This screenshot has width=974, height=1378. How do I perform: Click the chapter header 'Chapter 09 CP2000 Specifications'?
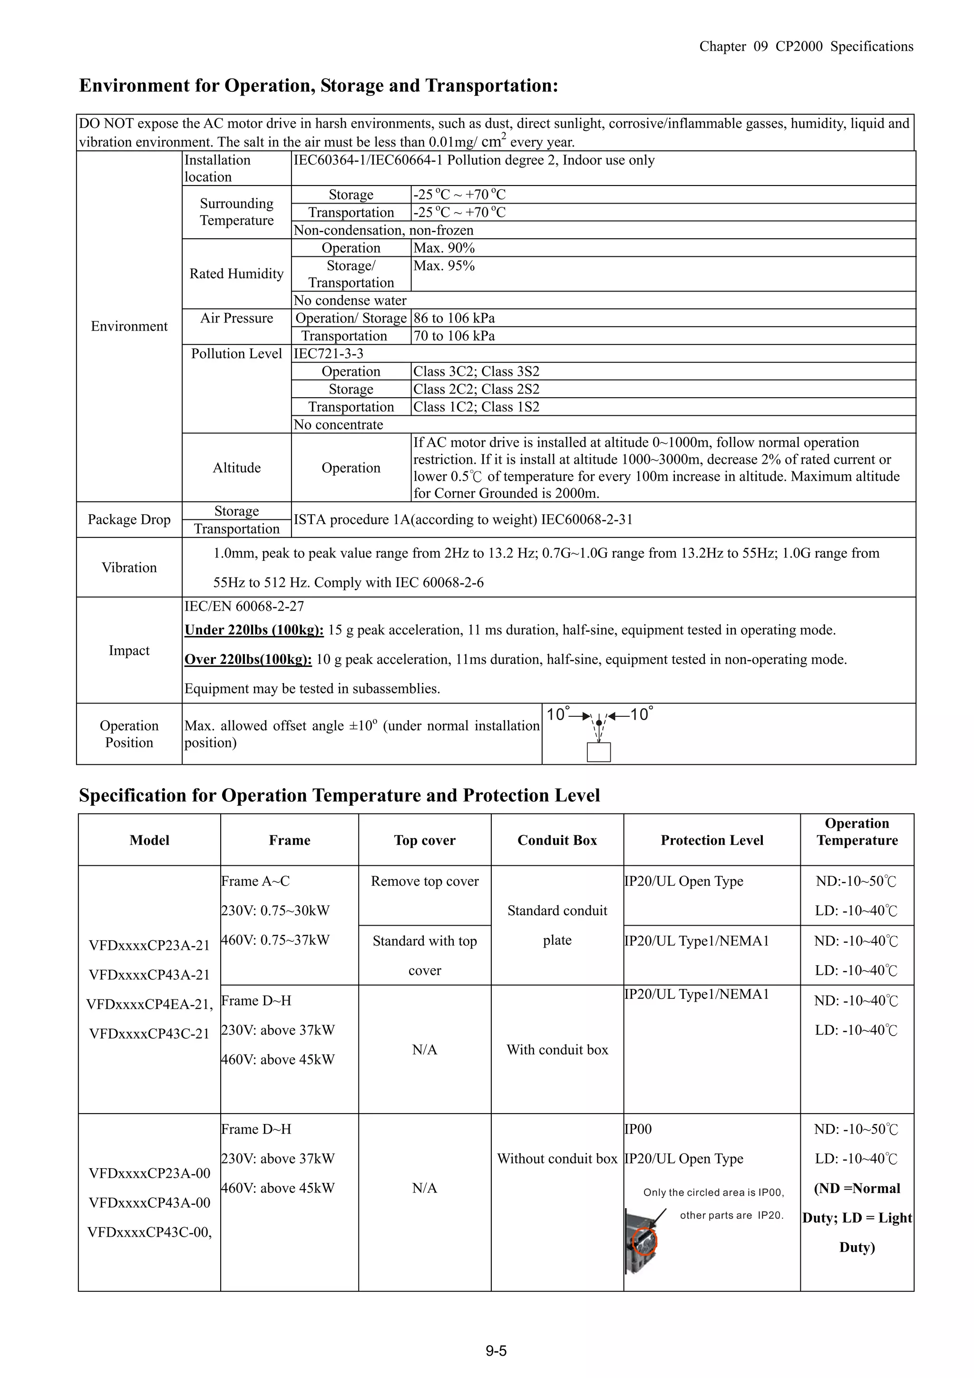tap(806, 47)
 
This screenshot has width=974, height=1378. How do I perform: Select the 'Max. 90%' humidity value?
tap(444, 248)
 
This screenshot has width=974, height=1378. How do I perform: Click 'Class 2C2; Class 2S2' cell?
tap(476, 389)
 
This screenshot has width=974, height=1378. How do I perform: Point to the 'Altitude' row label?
tap(236, 468)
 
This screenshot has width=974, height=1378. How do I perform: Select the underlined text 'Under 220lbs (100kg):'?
tap(254, 630)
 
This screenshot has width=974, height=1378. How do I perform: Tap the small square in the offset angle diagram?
tap(598, 752)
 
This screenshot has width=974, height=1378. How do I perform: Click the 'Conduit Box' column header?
tap(557, 840)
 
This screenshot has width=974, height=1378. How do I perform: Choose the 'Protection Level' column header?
tap(712, 840)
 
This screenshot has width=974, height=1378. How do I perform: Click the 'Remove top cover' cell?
tap(424, 881)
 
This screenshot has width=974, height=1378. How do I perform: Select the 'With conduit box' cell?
tap(557, 1049)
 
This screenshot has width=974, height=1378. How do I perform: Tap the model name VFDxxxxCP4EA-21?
tap(149, 1004)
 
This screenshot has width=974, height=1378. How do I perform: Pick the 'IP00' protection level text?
tap(638, 1129)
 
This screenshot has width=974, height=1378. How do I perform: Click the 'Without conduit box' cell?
tap(557, 1158)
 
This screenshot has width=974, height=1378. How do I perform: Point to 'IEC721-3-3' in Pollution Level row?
tap(328, 353)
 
